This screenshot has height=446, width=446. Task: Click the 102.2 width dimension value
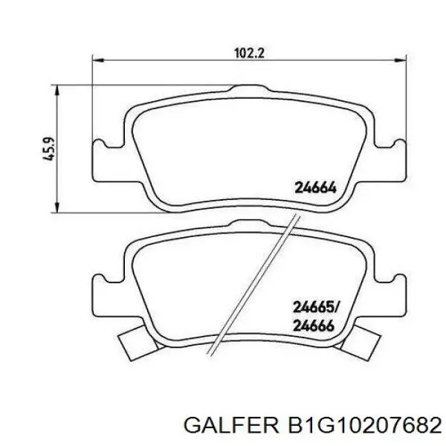coord(249,53)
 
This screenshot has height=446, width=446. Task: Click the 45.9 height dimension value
coord(48,149)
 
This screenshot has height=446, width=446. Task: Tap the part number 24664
coord(315,188)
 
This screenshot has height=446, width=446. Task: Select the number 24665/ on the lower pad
coord(316,308)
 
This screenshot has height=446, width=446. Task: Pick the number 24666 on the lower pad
coord(314,326)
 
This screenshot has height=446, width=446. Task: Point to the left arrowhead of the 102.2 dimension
coord(98,60)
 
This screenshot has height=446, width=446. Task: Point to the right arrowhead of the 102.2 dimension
coord(401,60)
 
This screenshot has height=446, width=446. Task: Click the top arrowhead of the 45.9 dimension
coord(57,90)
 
